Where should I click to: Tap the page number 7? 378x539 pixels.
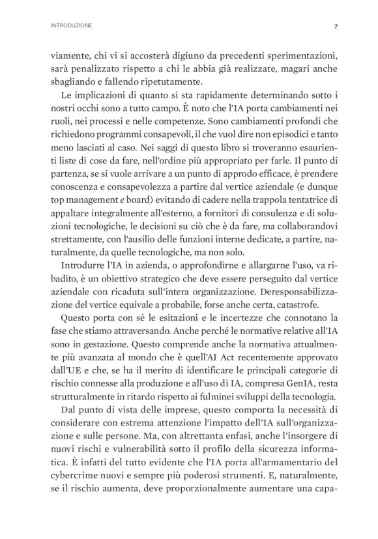coord(335,26)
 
